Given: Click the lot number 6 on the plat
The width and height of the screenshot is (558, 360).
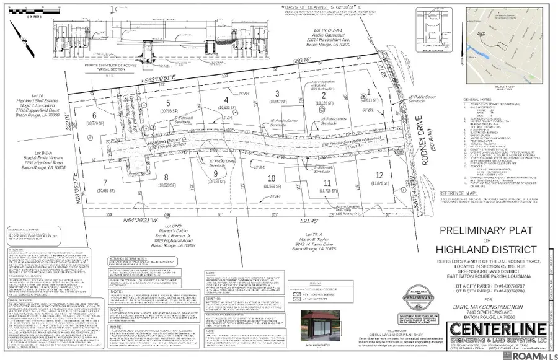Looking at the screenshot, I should [x=95, y=116].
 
